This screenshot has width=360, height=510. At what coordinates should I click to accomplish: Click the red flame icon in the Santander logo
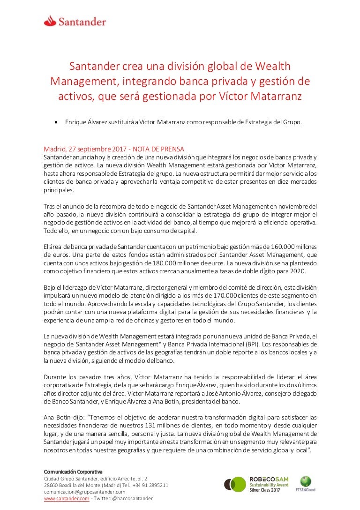(50, 20)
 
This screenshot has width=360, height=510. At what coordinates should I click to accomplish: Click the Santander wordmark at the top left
(82, 22)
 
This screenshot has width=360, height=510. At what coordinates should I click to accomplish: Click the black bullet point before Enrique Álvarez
(56, 122)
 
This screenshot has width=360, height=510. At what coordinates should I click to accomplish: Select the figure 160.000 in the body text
(283, 247)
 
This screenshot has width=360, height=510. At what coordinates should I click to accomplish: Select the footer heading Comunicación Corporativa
(73, 471)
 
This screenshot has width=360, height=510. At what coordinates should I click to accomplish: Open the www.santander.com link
(66, 498)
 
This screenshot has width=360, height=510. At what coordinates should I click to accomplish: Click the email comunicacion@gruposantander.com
(84, 492)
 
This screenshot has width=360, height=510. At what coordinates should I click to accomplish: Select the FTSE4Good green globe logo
(306, 481)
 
